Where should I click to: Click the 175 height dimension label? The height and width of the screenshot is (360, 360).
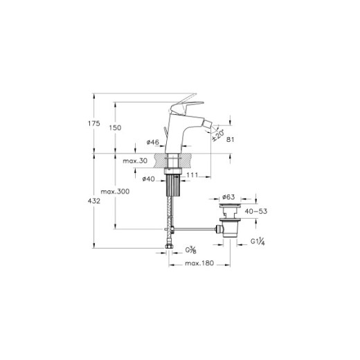pyautogui.click(x=94, y=123)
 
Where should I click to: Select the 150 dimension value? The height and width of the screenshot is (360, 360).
pyautogui.click(x=115, y=127)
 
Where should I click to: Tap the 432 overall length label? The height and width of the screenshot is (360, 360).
pyautogui.click(x=94, y=201)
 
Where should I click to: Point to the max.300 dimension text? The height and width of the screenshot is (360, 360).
pyautogui.click(x=115, y=191)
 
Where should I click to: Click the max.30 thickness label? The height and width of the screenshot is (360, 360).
pyautogui.click(x=135, y=161)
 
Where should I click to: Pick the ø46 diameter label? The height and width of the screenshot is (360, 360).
pyautogui.click(x=153, y=142)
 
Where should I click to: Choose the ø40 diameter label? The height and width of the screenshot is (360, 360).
pyautogui.click(x=149, y=179)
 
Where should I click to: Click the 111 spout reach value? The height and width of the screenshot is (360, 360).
pyautogui.click(x=192, y=175)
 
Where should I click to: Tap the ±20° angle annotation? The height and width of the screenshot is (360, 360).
pyautogui.click(x=218, y=135)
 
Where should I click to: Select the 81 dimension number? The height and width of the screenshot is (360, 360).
pyautogui.click(x=230, y=139)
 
